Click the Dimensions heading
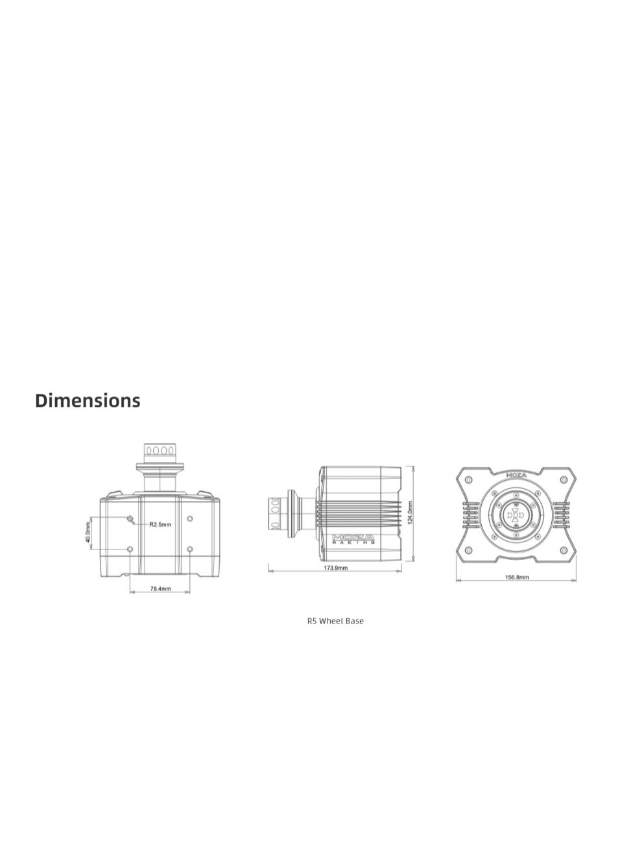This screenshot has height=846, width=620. (88, 400)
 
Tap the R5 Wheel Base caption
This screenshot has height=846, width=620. (335, 621)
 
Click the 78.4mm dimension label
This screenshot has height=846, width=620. (160, 588)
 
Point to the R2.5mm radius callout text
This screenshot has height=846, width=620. (160, 524)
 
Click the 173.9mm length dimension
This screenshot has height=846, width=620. (335, 568)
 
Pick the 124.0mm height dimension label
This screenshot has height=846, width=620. (410, 513)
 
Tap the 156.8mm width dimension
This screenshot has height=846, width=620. (516, 577)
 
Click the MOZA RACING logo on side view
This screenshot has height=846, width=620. (354, 538)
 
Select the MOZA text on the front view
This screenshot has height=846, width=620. (516, 475)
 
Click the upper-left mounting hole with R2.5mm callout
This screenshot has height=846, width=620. (130, 518)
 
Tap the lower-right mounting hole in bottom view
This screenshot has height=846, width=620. (189, 549)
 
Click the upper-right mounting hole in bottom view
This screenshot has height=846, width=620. (189, 518)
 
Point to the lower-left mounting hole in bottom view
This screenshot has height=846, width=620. (130, 549)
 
